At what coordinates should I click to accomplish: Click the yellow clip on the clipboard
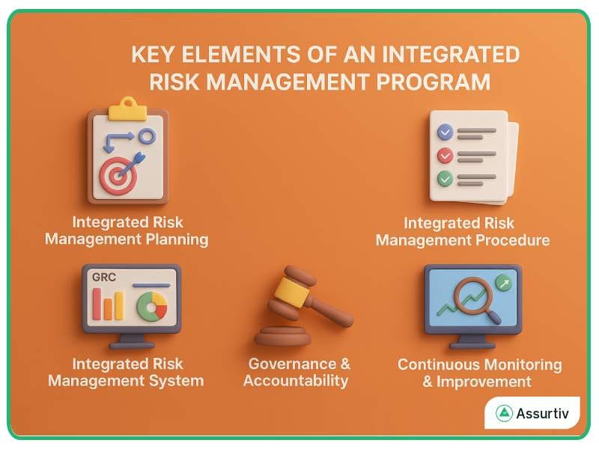click(x=127, y=110)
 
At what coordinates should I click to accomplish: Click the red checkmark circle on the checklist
click(x=445, y=156)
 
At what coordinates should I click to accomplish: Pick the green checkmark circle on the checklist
click(x=445, y=179)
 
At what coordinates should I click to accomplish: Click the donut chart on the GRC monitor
click(x=152, y=306)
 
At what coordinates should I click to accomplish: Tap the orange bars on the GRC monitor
click(x=108, y=305)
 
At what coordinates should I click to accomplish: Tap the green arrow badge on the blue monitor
click(x=503, y=284)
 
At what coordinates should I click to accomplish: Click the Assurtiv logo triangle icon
click(x=504, y=414)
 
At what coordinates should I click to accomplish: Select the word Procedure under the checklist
click(x=508, y=240)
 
